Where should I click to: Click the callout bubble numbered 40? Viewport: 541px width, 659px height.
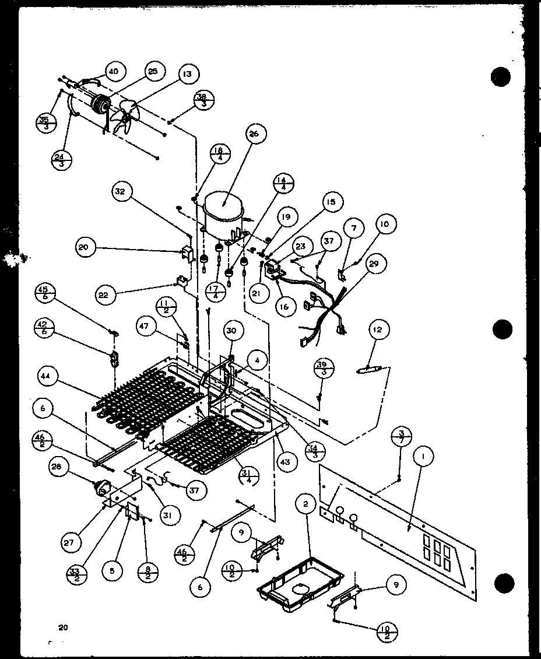pos(113,72)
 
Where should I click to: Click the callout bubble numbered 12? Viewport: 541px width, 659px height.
pos(378,331)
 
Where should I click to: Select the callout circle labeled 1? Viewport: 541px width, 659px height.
pos(420,456)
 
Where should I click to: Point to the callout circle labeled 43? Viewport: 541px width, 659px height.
pos(286,462)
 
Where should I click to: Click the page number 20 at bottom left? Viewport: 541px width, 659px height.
pos(63,628)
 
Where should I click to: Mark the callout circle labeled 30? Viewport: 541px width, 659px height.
pos(231,331)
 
